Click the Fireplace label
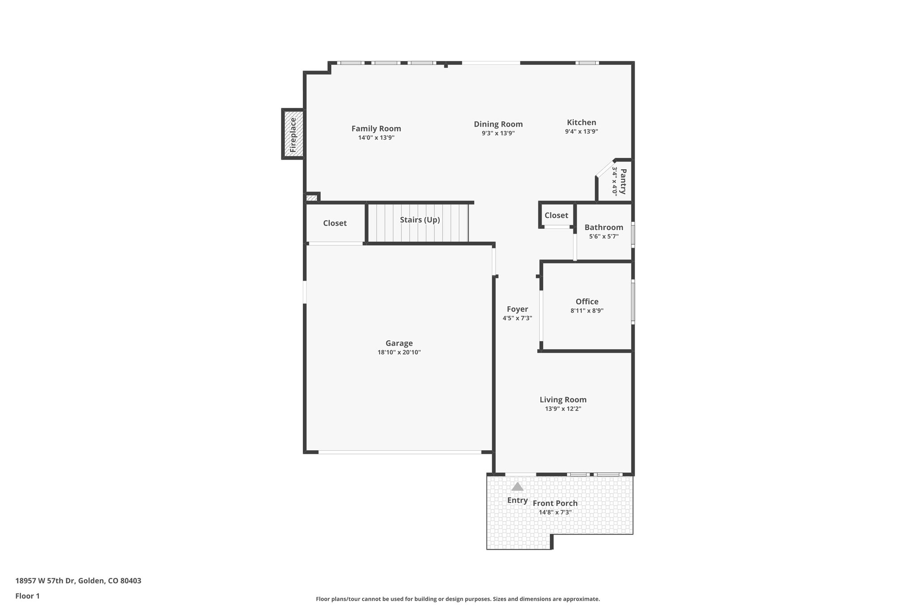pos(293,134)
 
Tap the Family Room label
pos(376,128)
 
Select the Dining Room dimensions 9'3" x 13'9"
pos(498,133)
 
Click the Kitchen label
pos(581,122)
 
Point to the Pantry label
pos(623,181)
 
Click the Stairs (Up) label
pos(420,220)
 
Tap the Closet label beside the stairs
pos(335,223)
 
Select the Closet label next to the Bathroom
pos(556,215)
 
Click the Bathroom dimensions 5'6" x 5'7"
pos(603,236)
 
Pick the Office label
pos(587,301)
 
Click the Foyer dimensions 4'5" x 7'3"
pos(517,318)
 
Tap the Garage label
pos(399,343)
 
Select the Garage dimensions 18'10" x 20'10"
pos(399,352)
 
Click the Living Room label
pos(563,399)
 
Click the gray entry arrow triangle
pos(517,487)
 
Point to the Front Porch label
pos(555,503)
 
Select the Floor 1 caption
pos(27,596)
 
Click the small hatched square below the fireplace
pos(311,197)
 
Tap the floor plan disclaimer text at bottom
pos(458,599)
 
